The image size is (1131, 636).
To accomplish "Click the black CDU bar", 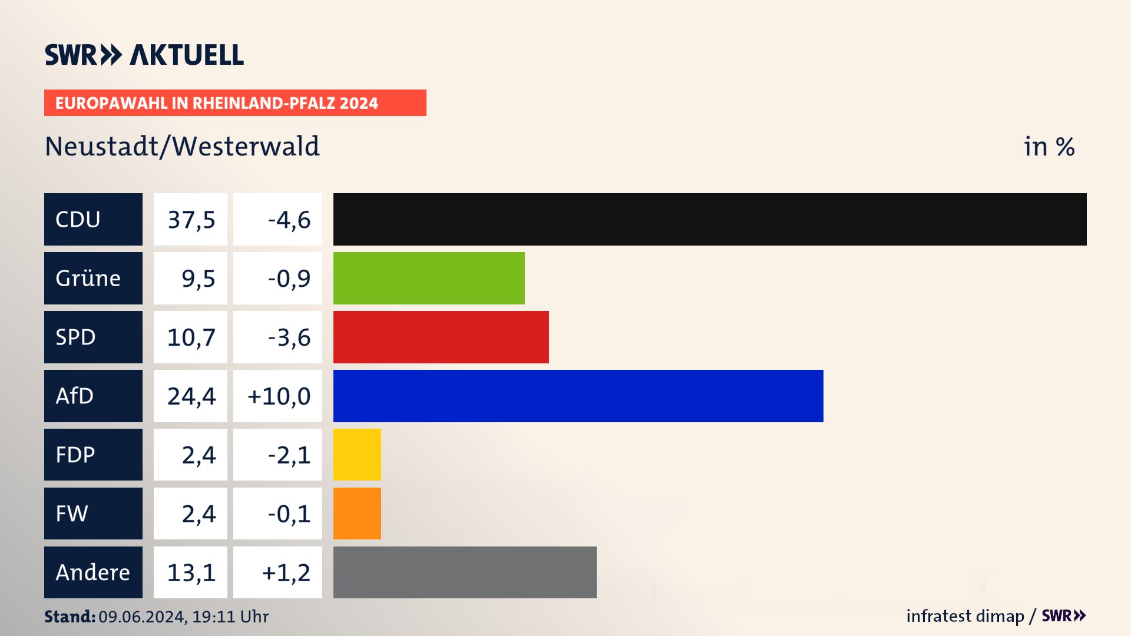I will point(710,219).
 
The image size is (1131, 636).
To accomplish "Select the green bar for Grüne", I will point(429,278).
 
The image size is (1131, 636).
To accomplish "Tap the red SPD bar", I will point(441,337).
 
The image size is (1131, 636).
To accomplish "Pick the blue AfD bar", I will point(578,396).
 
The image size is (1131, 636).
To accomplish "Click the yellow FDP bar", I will point(357,455).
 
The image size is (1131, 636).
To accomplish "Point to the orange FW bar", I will point(357,514).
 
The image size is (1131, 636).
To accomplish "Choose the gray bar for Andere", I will point(465,572).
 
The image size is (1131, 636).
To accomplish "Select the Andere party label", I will point(93,572).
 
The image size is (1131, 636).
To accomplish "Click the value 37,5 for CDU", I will point(191,220).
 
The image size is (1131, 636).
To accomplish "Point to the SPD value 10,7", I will point(191,337).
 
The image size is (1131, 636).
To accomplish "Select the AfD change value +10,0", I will point(278,396).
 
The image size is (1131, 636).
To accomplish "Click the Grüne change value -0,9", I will point(289,279).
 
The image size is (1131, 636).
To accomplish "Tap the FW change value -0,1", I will point(289,514).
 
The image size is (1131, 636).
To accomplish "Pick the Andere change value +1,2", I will point(286,573).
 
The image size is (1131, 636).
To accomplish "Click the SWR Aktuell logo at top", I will point(144,55).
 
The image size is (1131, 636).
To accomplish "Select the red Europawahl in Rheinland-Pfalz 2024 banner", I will point(235,103).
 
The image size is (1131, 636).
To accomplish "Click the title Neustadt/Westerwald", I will point(182,146).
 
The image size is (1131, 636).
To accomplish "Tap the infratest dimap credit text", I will point(965,616).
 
